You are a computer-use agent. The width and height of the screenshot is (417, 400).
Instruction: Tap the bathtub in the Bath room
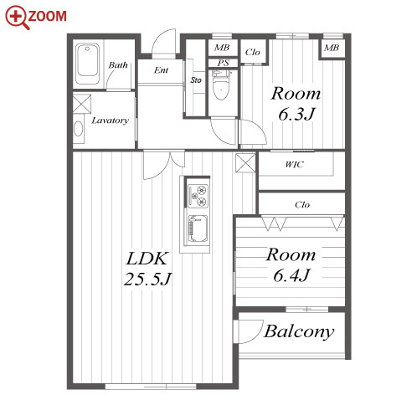pos(87,64)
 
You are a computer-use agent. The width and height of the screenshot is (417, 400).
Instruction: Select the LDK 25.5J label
pos(147,269)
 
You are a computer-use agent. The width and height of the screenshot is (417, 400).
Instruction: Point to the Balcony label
pos(299,331)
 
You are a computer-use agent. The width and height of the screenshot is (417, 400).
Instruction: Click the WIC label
pos(294,165)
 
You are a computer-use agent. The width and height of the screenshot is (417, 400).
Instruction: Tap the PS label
pos(224,63)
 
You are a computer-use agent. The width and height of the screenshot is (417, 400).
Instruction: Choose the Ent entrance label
pos(161,70)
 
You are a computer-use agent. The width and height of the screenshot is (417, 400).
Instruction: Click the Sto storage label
pos(196,80)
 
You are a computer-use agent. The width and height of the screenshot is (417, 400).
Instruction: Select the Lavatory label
pos(111,121)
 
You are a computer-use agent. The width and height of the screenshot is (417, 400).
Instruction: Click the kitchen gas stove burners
pos(198,196)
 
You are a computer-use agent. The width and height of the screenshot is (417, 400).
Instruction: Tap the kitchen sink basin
pos(198,228)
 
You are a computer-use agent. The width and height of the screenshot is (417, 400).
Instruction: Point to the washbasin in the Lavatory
pos(79,129)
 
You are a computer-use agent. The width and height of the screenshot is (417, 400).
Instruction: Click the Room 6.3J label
pos(296,104)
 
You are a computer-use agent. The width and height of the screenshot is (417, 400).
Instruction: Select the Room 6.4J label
pos(291,264)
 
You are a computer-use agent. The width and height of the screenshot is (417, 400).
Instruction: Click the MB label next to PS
pos(222,48)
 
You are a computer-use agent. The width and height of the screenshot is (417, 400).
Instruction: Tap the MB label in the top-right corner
pos(332,48)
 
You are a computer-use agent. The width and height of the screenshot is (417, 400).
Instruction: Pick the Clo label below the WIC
pos(302,205)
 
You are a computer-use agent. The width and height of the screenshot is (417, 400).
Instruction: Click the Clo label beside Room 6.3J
pos(252,52)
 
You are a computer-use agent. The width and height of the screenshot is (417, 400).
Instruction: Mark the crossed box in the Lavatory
pos(82,104)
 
